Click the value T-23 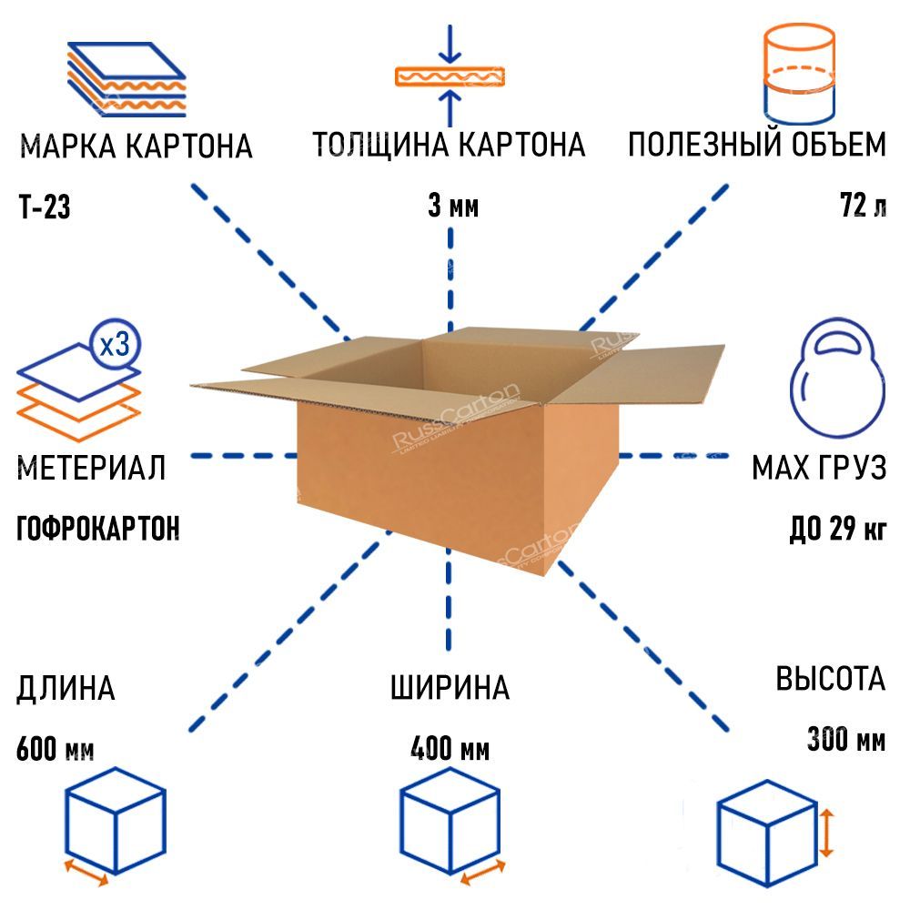45,207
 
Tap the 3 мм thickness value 453,206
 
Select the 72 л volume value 863,205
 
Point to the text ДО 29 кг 838,529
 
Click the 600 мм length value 56,749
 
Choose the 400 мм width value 450,749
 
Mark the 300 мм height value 846,739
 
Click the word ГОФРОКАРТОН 98,529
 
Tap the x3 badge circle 116,345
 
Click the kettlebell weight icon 837,378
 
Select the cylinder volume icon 800,74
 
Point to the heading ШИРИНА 450,688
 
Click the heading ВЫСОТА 831,679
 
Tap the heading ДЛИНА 66,689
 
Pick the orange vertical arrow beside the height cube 826,834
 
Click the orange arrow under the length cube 86,873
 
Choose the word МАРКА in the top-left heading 68,146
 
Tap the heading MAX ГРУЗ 820,468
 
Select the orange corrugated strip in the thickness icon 450,76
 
